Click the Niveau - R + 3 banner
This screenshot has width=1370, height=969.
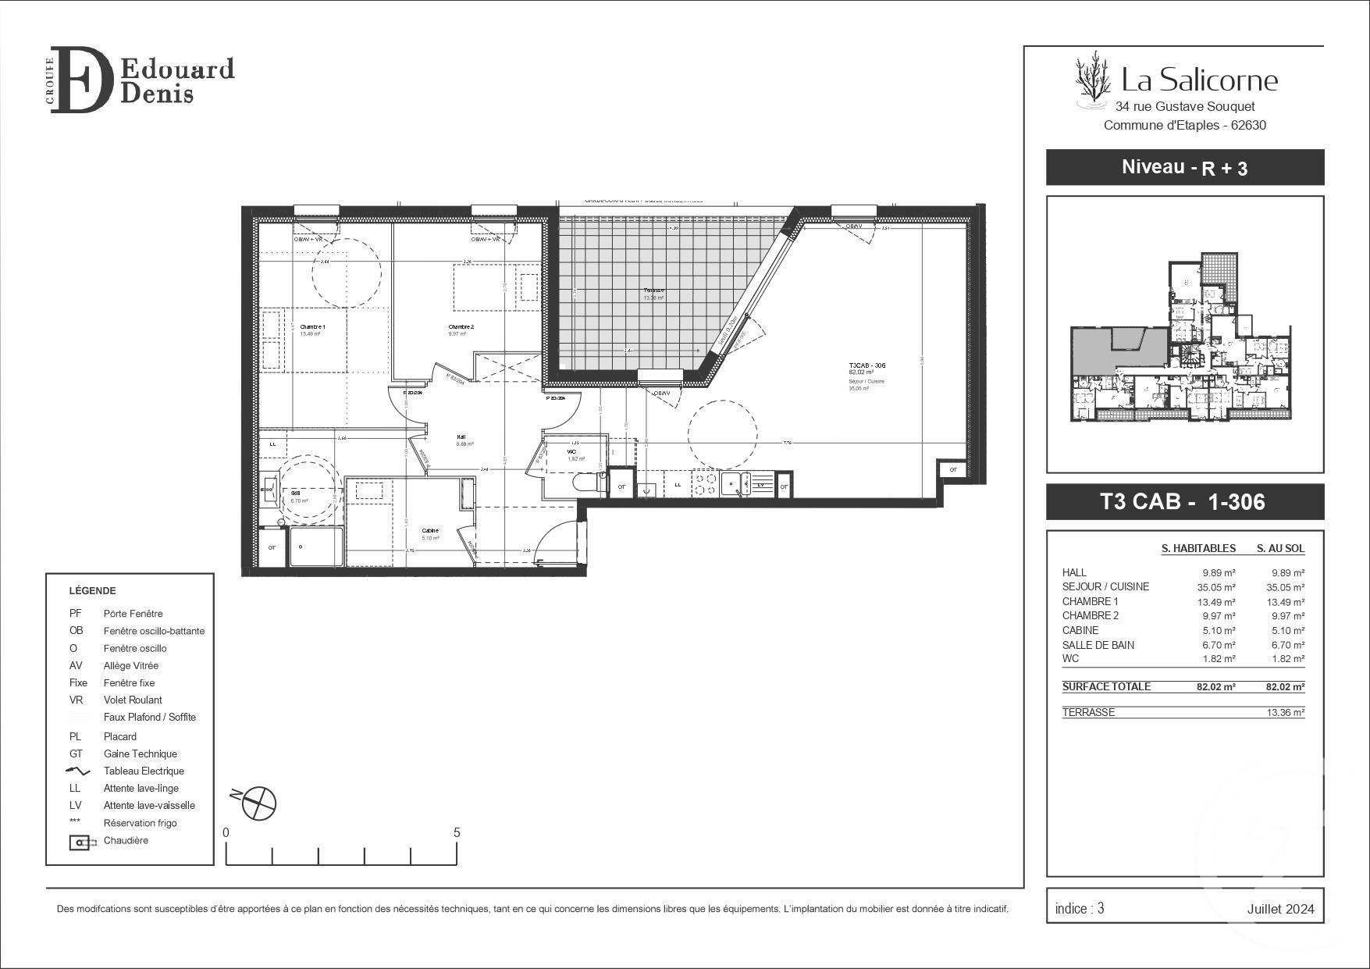(1184, 167)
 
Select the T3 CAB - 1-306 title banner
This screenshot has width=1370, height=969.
(1184, 501)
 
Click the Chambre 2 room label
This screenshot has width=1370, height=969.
(461, 326)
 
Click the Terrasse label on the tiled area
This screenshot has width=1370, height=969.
(653, 290)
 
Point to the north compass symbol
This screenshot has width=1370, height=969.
(258, 803)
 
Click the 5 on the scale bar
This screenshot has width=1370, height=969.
(457, 832)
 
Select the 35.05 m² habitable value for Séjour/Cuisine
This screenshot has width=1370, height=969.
(1219, 587)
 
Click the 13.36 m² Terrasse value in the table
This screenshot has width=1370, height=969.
(1285, 712)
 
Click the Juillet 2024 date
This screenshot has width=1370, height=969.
(1280, 908)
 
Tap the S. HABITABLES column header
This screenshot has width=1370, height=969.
(1198, 548)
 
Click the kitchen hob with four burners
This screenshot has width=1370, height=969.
(706, 484)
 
